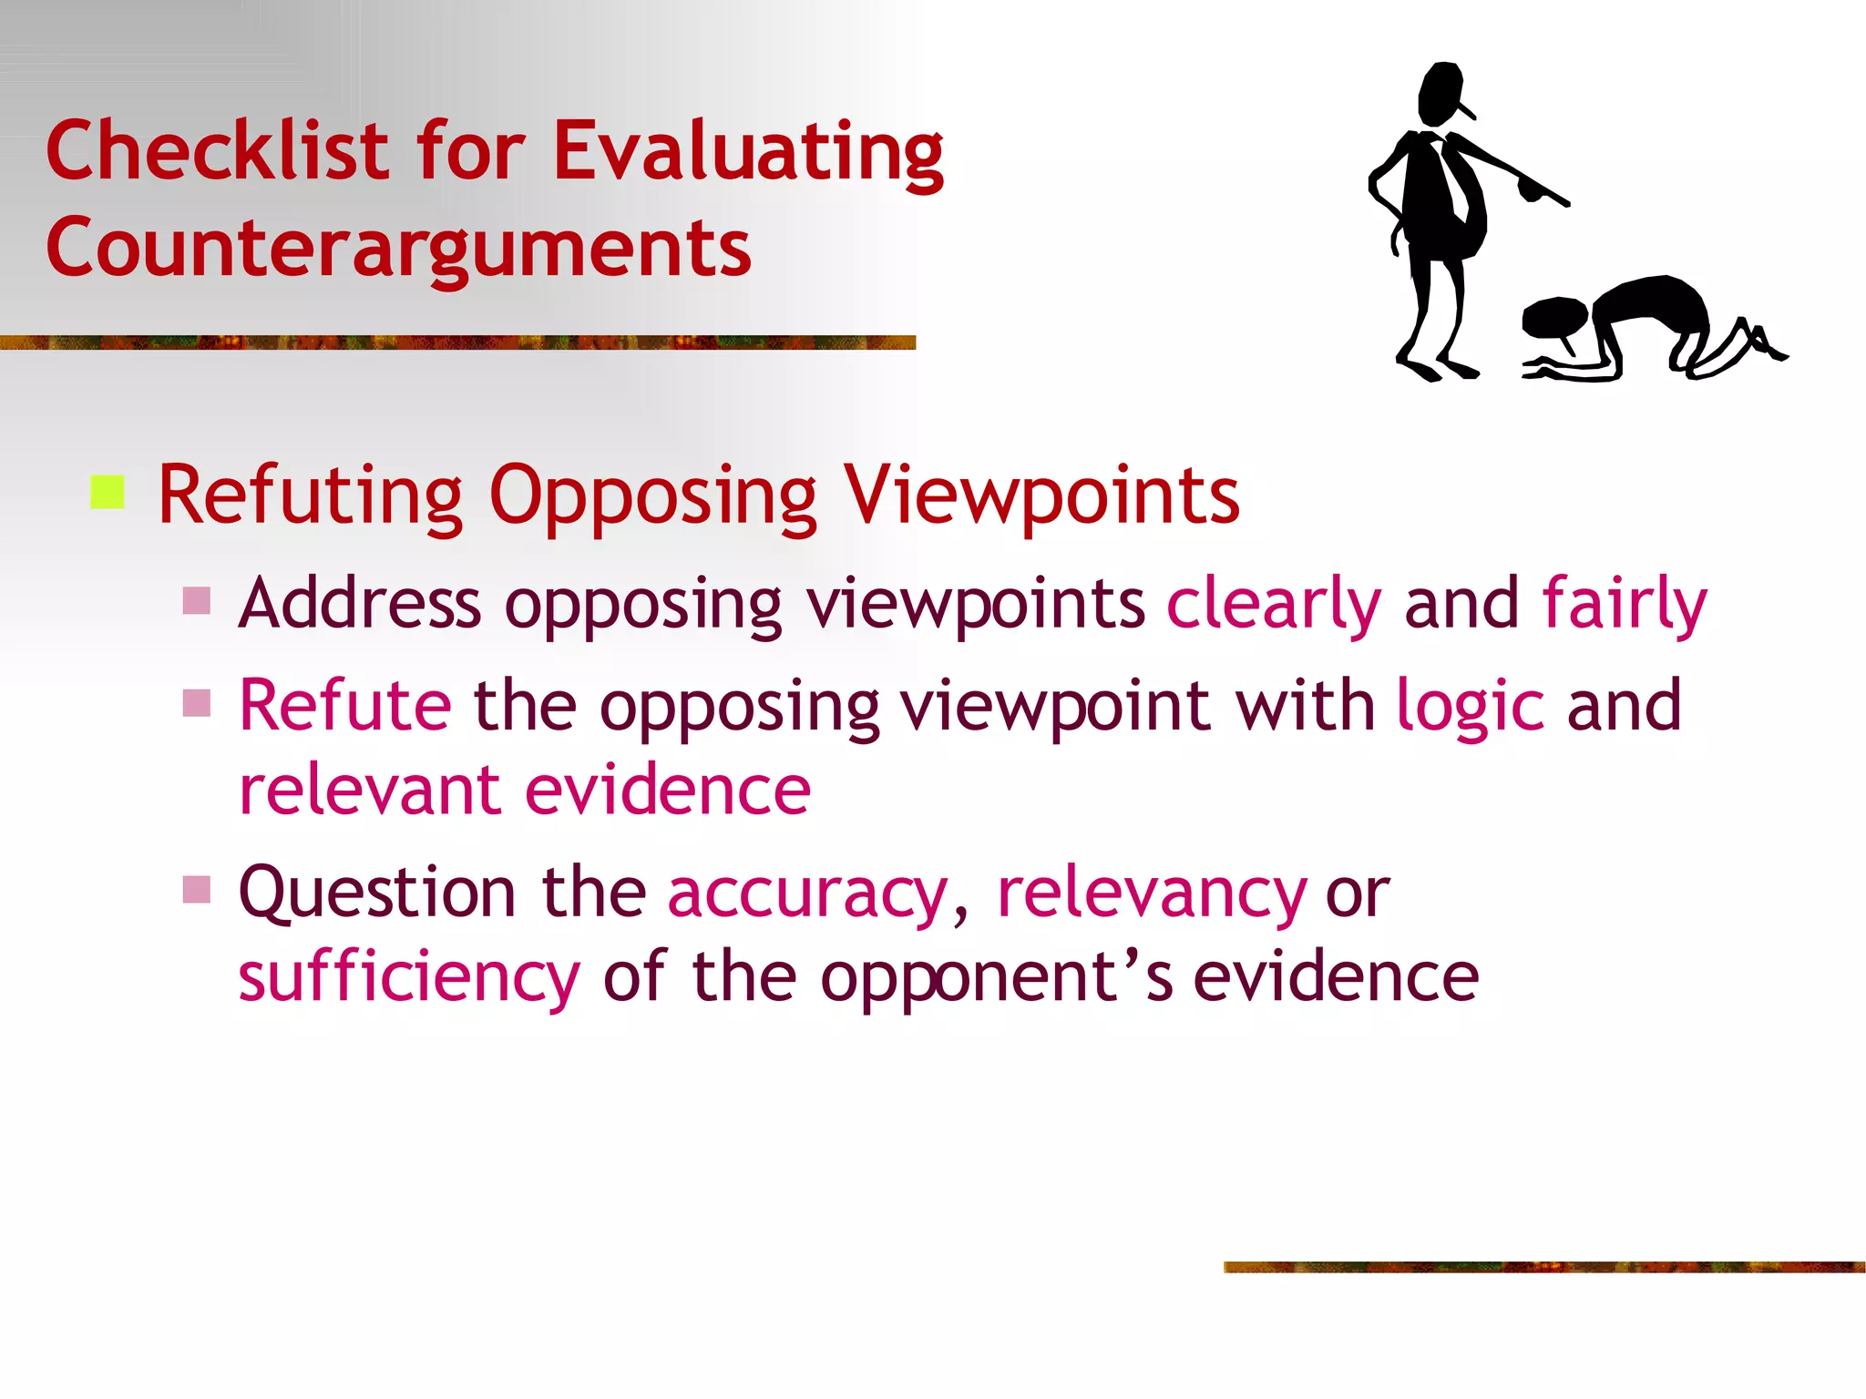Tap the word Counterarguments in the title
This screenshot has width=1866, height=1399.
tap(398, 248)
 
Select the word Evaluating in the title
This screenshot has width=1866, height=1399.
tap(748, 152)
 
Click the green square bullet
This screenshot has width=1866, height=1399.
tap(108, 493)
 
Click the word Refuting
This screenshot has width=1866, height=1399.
tap(310, 496)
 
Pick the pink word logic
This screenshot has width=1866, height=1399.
tap(1470, 707)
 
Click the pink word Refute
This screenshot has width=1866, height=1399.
tap(344, 707)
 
